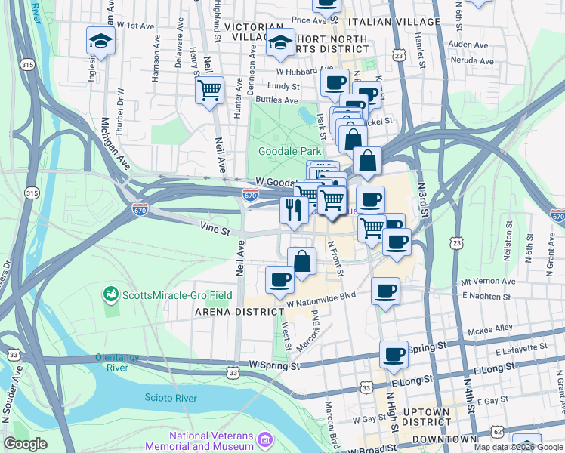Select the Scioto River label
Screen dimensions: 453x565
point(170,398)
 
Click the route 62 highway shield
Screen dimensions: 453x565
point(496,432)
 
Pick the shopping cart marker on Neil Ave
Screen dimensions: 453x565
point(209,91)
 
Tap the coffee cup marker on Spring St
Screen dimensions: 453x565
point(394,355)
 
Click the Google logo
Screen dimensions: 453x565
point(25,444)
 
